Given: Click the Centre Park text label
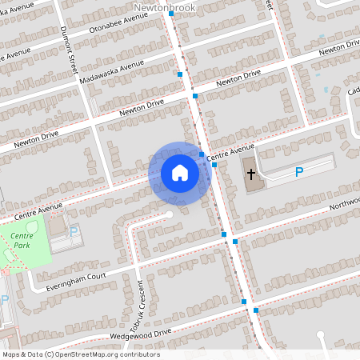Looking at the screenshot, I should tap(22, 240).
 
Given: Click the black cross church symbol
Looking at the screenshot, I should tap(251, 174).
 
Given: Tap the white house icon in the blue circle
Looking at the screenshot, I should tap(180, 173).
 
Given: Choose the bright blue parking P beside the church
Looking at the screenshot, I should tap(299, 172).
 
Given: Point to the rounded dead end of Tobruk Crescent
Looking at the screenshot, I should tap(167, 214).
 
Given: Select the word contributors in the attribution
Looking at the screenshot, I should tap(140, 354).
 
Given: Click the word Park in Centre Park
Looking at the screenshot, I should tap(22, 245).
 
